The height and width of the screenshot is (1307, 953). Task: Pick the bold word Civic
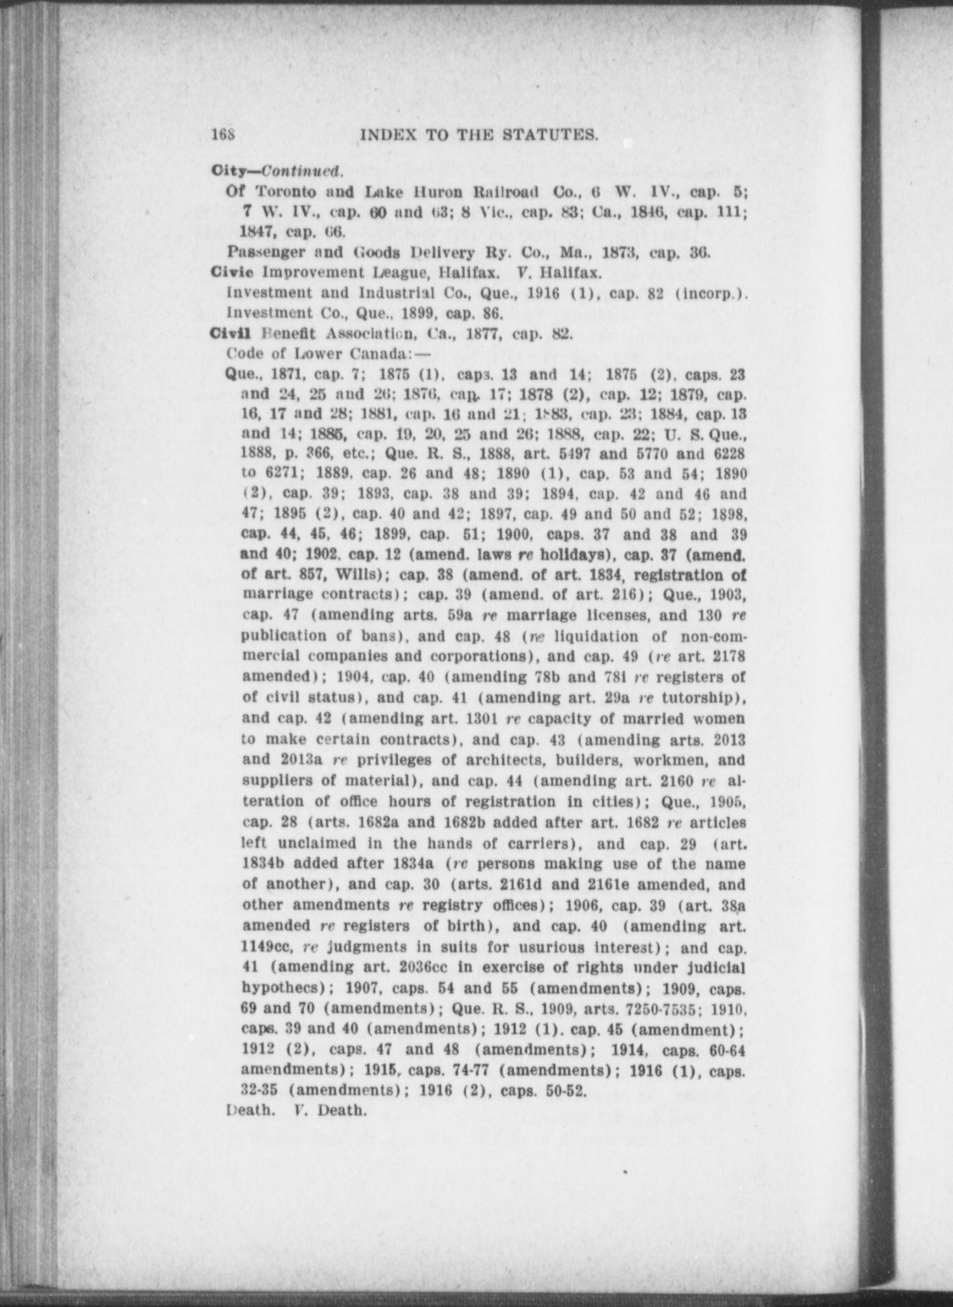tap(234, 272)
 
